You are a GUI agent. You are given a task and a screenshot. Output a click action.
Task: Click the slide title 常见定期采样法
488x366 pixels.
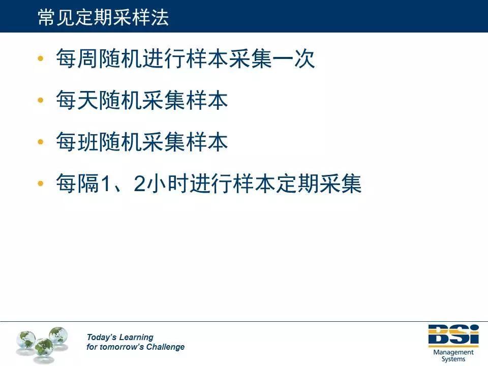pos(103,18)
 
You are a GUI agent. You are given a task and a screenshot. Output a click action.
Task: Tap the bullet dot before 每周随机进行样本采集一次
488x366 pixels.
pos(41,59)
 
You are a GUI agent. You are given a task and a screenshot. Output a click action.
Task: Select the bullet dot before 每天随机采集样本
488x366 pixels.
pos(41,101)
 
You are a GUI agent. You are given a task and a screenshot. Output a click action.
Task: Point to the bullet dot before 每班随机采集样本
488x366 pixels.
pos(41,142)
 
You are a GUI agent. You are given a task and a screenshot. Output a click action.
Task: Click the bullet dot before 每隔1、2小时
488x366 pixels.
pos(41,184)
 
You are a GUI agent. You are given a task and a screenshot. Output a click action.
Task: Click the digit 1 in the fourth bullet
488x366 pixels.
pos(105,184)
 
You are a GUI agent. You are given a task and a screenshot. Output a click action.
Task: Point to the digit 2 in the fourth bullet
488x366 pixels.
pos(139,184)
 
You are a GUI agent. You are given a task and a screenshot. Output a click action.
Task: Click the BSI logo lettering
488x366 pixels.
pos(453,335)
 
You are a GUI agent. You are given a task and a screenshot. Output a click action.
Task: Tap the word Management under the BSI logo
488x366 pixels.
pos(453,352)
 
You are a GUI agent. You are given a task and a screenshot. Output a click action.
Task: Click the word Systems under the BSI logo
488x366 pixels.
pos(453,359)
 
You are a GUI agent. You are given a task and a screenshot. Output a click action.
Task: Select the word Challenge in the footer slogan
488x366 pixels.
pos(165,347)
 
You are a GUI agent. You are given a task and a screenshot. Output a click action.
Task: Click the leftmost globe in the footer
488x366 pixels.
pos(25,339)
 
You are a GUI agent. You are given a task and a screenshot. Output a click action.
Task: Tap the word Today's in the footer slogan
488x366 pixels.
pos(99,337)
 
